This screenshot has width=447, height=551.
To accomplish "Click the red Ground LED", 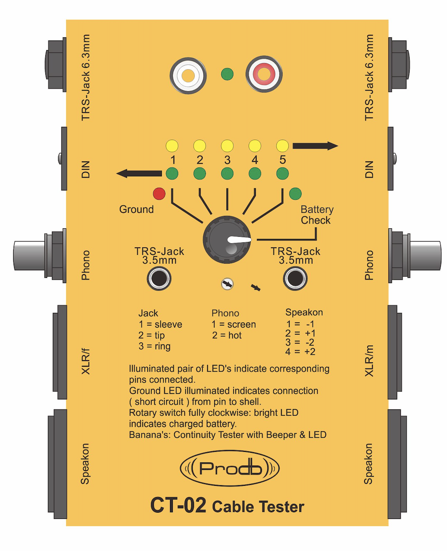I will coord(159,194).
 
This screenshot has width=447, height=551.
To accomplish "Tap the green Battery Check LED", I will coord(295,194).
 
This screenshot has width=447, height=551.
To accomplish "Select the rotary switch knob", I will coord(227,240).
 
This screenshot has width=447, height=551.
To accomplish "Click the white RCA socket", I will coord(188,75).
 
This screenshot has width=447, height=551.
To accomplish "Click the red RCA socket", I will coord(264,74).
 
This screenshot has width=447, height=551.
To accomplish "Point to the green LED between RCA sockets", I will coord(227,74).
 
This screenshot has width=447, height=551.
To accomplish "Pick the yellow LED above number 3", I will coord(227,146).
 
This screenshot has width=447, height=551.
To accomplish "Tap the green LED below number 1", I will coord(172,174).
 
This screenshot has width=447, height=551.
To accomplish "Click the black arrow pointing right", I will coord(315,146).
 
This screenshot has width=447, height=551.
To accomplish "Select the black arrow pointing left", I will coord(139,174).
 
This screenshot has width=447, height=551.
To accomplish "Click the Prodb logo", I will coord(230,468).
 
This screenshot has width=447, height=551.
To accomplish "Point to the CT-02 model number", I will coord(178,506).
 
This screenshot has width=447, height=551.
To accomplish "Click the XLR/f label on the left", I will coord(86,361).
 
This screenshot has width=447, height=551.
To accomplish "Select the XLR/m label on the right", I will coord(369,361).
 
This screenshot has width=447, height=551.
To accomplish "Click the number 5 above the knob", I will coord(283,160).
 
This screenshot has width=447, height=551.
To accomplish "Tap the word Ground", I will coord(137,209).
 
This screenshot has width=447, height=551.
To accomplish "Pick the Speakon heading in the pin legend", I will coord(304,313).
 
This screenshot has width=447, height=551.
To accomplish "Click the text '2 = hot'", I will coord(227,335).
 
